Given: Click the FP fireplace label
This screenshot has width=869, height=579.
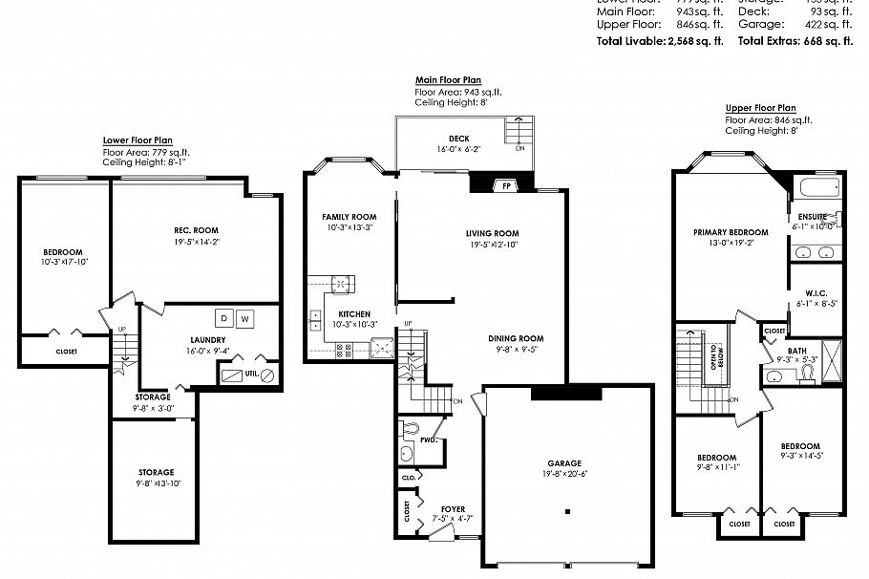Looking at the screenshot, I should (x=507, y=186).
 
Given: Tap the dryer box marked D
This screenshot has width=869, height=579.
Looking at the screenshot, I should (x=224, y=318).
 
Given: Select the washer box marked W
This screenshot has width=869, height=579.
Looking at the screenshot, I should (x=245, y=318).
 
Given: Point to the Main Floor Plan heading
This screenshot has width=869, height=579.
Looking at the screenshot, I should (x=447, y=79).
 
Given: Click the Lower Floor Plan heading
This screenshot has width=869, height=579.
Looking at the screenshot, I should (x=138, y=140).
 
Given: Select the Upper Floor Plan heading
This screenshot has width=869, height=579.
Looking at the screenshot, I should (x=760, y=108).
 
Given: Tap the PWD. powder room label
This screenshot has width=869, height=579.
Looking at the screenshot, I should (x=429, y=441).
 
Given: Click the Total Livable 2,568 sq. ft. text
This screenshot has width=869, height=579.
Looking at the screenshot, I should (x=660, y=41).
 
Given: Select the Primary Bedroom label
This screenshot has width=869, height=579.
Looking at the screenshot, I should (x=731, y=232).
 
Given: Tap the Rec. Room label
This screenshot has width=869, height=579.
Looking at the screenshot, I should (x=197, y=230).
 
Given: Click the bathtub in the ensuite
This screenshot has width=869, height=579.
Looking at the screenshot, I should (x=816, y=186).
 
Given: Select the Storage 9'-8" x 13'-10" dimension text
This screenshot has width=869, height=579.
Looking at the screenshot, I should (x=156, y=484).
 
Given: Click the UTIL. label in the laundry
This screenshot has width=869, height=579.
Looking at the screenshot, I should (x=251, y=374).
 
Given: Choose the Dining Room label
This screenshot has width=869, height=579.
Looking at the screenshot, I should (x=516, y=338).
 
